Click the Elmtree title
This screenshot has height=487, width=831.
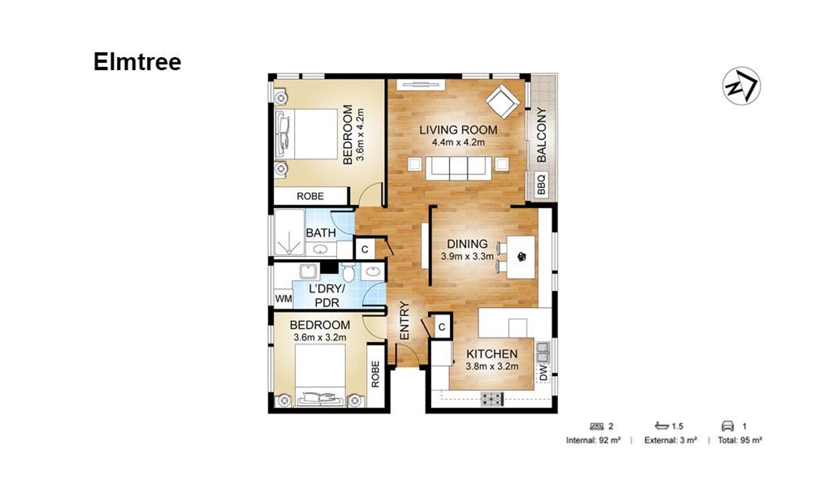click(x=137, y=62)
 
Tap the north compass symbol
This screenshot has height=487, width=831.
click(x=741, y=86)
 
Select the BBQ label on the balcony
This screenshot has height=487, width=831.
click(x=541, y=184)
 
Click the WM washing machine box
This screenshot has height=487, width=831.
click(x=284, y=299)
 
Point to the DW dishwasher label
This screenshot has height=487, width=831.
click(x=543, y=373)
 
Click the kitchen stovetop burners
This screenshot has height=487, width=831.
click(x=492, y=399)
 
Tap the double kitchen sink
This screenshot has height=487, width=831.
click(x=542, y=351)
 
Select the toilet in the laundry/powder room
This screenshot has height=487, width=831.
click(x=349, y=273)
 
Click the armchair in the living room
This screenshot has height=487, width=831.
click(x=502, y=101)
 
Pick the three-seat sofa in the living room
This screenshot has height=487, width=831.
click(x=458, y=168)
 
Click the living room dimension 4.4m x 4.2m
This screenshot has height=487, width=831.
click(x=458, y=142)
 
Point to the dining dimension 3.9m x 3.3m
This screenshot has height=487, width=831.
click(x=467, y=256)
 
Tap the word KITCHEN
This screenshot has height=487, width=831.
click(x=492, y=354)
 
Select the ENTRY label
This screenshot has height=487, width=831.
click(x=404, y=321)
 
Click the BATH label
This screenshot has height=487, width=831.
click(x=321, y=233)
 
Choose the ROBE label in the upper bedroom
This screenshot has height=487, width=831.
click(x=310, y=196)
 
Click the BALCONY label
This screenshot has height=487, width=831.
click(x=541, y=135)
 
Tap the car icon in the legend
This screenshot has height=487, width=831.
click(x=728, y=426)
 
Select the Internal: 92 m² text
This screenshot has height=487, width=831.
click(x=593, y=440)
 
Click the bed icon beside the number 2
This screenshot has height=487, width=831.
click(x=597, y=426)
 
